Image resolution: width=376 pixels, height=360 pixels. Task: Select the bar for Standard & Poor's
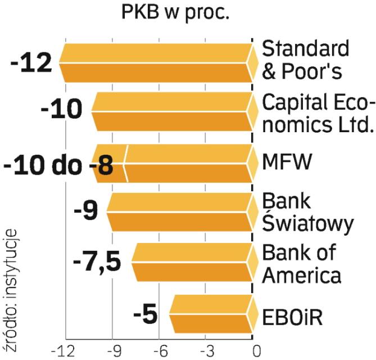click(157, 62)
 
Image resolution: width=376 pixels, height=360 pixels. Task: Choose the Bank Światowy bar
click(180, 213)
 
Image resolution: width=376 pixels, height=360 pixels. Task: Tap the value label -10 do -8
click(58, 165)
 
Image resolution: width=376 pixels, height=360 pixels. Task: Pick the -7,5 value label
click(97, 263)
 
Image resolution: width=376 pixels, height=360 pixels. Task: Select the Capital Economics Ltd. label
click(318, 112)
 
